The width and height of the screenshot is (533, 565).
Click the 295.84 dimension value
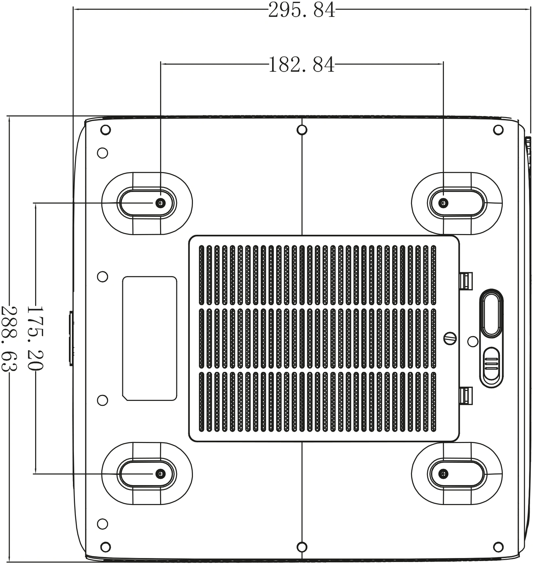[x=301, y=10]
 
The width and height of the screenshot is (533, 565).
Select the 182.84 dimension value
[x=301, y=65]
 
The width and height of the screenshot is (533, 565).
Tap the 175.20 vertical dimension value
[x=35, y=338]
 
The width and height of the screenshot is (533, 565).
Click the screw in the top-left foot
[x=161, y=203]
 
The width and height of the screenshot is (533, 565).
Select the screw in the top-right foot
[x=443, y=203]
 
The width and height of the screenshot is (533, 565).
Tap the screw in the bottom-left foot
[x=161, y=473]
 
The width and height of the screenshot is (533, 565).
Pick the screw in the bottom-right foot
[x=443, y=473]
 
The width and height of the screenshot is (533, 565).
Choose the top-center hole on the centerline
[x=302, y=130]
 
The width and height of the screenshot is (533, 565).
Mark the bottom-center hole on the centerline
[x=302, y=546]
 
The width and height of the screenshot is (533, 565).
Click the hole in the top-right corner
[x=498, y=130]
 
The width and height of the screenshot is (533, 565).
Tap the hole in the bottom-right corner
[x=498, y=546]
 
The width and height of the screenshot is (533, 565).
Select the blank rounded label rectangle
[x=149, y=338]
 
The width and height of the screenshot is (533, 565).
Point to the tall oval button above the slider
[x=492, y=313]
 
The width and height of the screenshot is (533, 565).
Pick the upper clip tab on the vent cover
[x=466, y=281]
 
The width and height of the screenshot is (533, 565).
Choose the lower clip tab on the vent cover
[x=466, y=395]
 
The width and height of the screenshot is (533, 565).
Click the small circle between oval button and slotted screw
[x=473, y=341]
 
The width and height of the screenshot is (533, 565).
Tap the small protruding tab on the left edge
[x=71, y=338]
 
